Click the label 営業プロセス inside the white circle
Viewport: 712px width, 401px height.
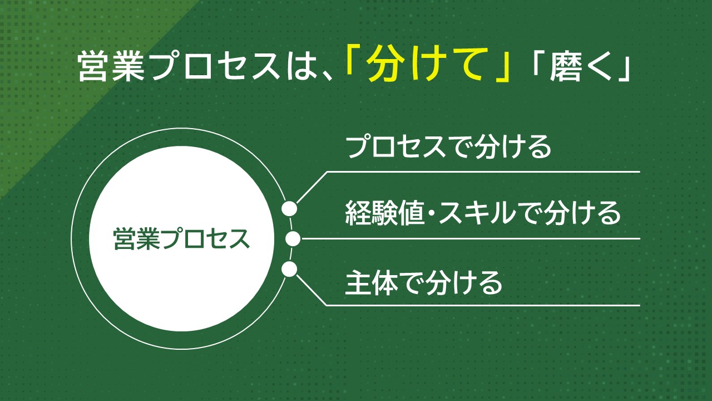click(182, 239)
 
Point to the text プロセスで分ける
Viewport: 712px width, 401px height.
click(448, 147)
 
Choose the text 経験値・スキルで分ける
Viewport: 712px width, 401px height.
click(482, 213)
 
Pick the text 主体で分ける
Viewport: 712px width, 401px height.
click(423, 282)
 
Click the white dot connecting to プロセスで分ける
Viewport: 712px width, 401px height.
click(289, 208)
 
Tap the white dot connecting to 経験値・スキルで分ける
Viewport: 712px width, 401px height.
click(293, 239)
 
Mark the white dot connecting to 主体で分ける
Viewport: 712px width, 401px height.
click(289, 270)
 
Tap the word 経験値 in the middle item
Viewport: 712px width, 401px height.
click(384, 213)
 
